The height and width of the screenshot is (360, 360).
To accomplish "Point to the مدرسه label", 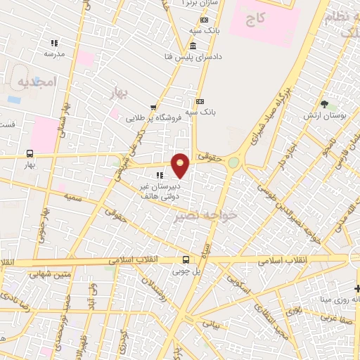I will click(54, 53).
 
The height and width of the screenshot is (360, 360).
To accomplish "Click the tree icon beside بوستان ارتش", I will click(324, 103).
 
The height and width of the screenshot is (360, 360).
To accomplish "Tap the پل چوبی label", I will click(187, 271).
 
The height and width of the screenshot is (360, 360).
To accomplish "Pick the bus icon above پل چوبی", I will click(185, 259).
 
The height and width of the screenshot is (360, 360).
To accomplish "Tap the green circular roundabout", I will click(233, 163).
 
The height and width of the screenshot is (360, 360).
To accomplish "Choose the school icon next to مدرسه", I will click(54, 43).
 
